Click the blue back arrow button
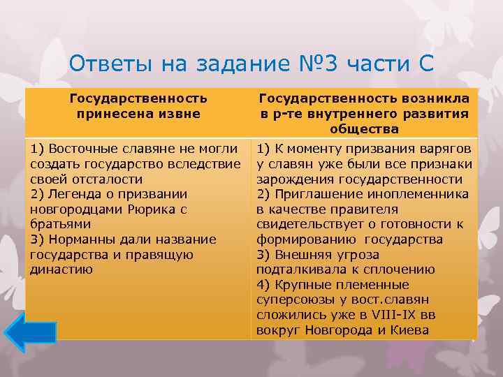click(30, 332)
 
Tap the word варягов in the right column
click(448, 148)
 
